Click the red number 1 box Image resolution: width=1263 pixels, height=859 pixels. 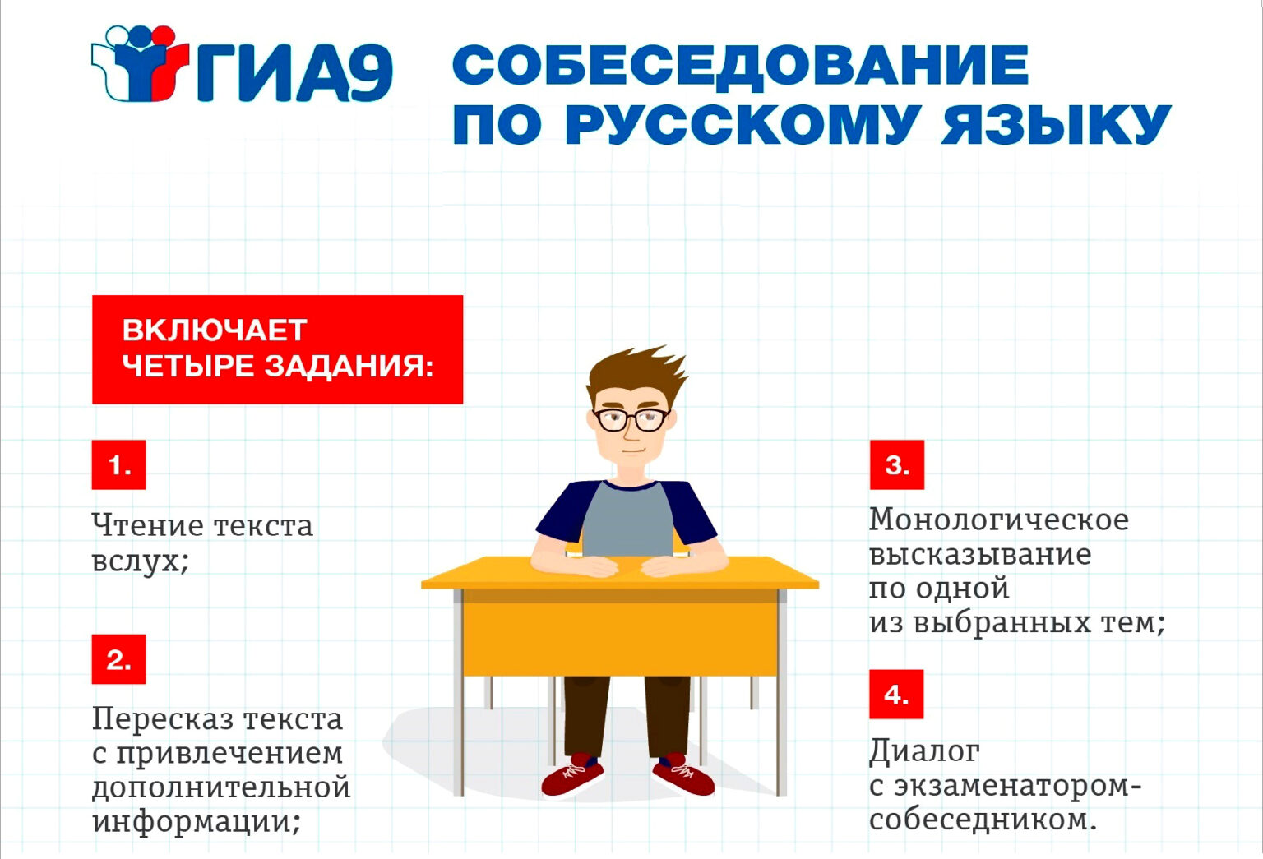pos(118,464)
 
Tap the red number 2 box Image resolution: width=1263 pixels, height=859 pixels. pos(118,659)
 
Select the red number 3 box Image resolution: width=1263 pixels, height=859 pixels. pos(896,464)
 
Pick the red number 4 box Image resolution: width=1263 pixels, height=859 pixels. pos(896,694)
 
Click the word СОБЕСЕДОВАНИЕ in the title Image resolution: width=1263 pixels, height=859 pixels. pos(740,66)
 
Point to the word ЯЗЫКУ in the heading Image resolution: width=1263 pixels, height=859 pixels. pos(1056,124)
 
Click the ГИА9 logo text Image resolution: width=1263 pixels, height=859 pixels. pos(294,72)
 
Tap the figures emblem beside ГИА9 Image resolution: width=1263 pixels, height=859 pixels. pos(140,63)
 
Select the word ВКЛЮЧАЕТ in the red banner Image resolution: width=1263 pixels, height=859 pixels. pos(215,330)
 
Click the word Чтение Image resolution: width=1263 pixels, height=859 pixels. pos(148,525)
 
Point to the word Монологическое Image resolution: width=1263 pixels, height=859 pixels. pos(998,520)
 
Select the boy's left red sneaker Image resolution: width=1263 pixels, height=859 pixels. pos(571,776)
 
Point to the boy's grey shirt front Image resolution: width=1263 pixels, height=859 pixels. pos(627,520)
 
